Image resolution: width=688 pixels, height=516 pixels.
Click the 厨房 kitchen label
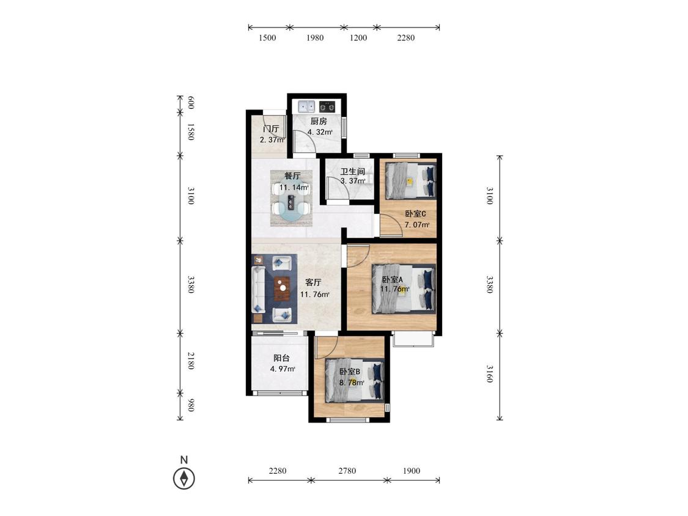click(319, 121)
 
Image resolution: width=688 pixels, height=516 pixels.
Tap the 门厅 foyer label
click(271, 129)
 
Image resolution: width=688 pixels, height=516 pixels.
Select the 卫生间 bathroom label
click(352, 171)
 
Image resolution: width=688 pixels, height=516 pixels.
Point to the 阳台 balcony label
click(281, 358)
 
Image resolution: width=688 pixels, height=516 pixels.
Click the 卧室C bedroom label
click(415, 214)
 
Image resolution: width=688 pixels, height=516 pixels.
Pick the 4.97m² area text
click(283, 369)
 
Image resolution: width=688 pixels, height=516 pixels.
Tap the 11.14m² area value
click(294, 187)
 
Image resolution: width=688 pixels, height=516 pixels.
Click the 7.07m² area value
click(417, 224)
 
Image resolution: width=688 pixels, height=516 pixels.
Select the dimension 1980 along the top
click(314, 38)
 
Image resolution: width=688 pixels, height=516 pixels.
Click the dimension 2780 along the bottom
click(347, 471)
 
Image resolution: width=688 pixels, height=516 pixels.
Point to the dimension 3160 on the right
click(490, 374)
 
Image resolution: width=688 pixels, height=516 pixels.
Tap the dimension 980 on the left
click(191, 405)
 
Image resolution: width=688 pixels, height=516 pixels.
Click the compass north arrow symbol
click(184, 478)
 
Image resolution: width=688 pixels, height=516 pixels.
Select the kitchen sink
click(306, 106)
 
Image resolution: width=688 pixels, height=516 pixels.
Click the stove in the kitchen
click(327, 106)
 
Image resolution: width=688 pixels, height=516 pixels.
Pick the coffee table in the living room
click(283, 289)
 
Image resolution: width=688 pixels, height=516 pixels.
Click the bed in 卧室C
click(411, 180)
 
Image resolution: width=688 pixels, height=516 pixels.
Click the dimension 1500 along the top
click(267, 38)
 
